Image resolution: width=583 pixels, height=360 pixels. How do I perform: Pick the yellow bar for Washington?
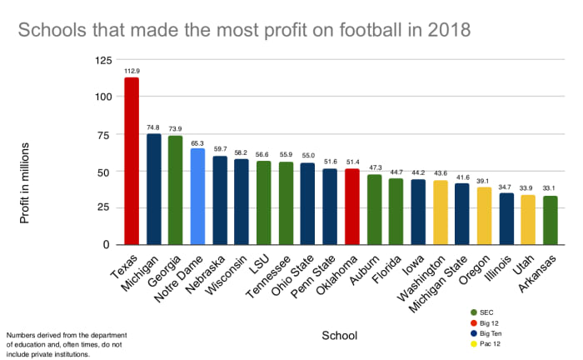tap(441, 212)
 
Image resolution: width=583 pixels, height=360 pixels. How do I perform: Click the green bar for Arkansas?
tap(551, 220)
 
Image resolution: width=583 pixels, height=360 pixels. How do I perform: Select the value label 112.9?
tap(132, 72)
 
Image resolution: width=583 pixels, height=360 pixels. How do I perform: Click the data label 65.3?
tap(197, 143)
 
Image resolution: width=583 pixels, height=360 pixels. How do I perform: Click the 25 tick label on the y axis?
tap(105, 207)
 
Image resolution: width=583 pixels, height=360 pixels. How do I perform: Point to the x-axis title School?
tap(339, 336)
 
